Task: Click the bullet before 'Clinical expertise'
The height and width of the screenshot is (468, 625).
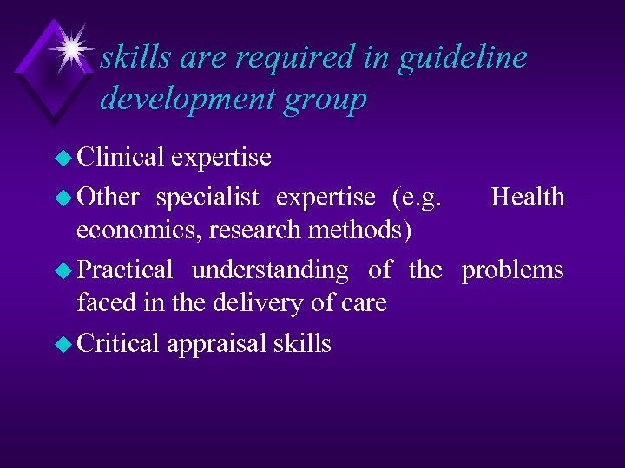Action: point(66,158)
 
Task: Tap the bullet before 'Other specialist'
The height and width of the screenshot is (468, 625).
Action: point(66,198)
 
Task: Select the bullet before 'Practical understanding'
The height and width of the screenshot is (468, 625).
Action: point(66,270)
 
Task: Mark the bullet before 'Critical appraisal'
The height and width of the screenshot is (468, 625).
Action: point(66,344)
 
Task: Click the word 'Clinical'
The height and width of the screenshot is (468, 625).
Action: point(121,157)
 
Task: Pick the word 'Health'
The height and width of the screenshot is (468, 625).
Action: point(528,198)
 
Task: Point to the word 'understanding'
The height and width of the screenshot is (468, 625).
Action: point(270,270)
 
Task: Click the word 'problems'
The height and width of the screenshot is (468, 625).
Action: point(512,270)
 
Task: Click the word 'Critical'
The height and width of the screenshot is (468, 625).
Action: point(118,343)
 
